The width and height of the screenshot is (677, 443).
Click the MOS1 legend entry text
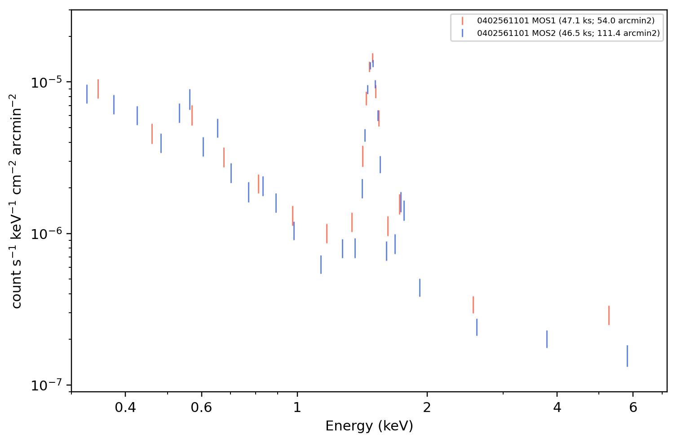coord(566,21)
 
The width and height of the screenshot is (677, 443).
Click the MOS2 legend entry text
coord(568,33)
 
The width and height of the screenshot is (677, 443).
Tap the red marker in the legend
coord(462,21)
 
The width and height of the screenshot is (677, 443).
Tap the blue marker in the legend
coord(462,33)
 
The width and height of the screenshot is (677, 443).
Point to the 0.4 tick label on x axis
coord(125,408)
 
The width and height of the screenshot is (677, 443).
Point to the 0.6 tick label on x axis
coord(201,408)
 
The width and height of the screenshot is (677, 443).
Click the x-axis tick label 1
coord(297,408)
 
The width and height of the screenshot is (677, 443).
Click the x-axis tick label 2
coord(427,408)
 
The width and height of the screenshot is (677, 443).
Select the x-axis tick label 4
coord(557,408)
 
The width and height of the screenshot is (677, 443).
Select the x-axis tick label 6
coord(633,408)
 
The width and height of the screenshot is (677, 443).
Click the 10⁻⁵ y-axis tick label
coord(46,82)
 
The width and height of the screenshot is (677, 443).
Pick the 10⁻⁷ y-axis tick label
coord(46,385)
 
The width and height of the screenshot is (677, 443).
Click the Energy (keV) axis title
coord(369,426)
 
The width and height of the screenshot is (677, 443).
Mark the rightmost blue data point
coord(627,356)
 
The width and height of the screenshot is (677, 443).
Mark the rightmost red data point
coord(609,315)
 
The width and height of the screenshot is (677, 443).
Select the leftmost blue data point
coord(87,94)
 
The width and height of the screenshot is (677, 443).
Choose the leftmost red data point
coord(98,89)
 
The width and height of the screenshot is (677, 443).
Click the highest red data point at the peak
coord(373,58)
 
